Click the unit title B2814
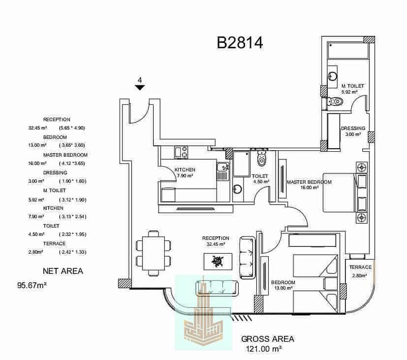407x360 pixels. (x=240, y=43)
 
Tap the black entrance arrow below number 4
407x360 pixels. (x=140, y=88)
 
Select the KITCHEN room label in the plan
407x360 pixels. (x=185, y=170)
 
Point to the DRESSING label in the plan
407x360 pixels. (x=353, y=128)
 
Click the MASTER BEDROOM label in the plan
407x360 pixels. (x=309, y=182)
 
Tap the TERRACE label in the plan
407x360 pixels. (x=360, y=267)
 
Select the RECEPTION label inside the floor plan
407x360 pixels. (x=216, y=238)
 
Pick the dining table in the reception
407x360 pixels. (x=153, y=252)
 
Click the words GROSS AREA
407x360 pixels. (x=268, y=339)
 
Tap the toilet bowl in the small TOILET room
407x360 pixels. (x=262, y=160)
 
